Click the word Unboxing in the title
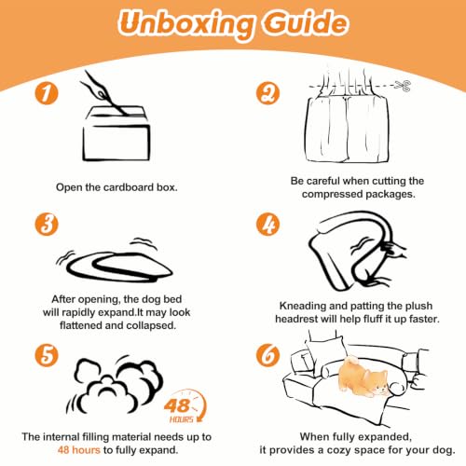[185, 24]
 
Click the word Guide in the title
[306, 22]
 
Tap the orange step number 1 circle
[47, 93]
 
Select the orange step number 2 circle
[267, 93]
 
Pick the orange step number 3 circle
[47, 224]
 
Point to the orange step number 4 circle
[267, 224]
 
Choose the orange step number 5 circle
[47, 355]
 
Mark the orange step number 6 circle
[267, 355]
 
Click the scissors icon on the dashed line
[403, 86]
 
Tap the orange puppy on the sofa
[363, 377]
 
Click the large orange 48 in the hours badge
[176, 405]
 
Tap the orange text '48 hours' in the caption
[79, 450]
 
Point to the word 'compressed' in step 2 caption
[332, 195]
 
